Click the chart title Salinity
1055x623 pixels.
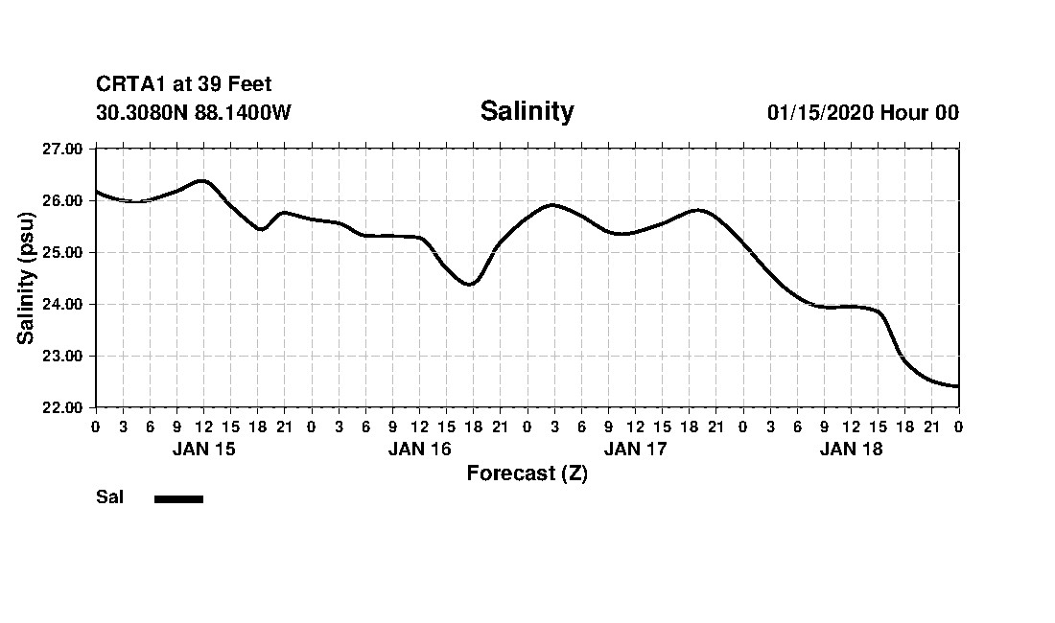[527, 111]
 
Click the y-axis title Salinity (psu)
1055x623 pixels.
[26, 278]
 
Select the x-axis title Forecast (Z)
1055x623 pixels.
[527, 473]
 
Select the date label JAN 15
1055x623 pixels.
[203, 449]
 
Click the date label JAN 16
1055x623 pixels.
[419, 449]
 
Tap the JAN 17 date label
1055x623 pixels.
[635, 449]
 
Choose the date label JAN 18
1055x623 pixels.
[851, 449]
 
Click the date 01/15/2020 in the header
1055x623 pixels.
[820, 112]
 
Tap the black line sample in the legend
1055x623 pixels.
[178, 498]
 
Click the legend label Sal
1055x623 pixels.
[109, 497]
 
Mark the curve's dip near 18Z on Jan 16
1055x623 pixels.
[468, 284]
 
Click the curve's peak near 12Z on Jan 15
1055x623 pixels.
[202, 180]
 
